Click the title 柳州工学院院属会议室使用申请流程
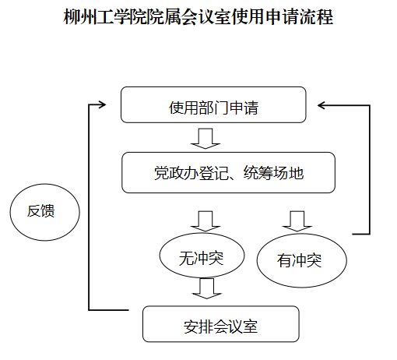click(198, 17)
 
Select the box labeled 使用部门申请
click(213, 104)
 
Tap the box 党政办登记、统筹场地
click(228, 172)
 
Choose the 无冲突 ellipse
click(202, 256)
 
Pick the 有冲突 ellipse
click(302, 260)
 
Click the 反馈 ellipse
click(45, 212)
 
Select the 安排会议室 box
click(221, 324)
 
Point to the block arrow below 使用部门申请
click(206, 139)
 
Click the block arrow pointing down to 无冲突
click(206, 221)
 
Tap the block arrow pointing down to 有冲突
click(297, 221)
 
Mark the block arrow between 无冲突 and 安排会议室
click(207, 288)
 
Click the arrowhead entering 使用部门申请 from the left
click(103, 104)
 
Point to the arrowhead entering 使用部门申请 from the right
click(321, 105)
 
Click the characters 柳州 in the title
click(79, 17)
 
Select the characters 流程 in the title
click(317, 17)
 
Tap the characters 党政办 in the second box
click(177, 173)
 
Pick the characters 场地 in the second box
click(289, 173)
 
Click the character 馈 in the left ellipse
click(48, 210)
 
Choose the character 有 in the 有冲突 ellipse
click(284, 260)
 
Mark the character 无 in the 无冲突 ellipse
click(186, 259)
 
